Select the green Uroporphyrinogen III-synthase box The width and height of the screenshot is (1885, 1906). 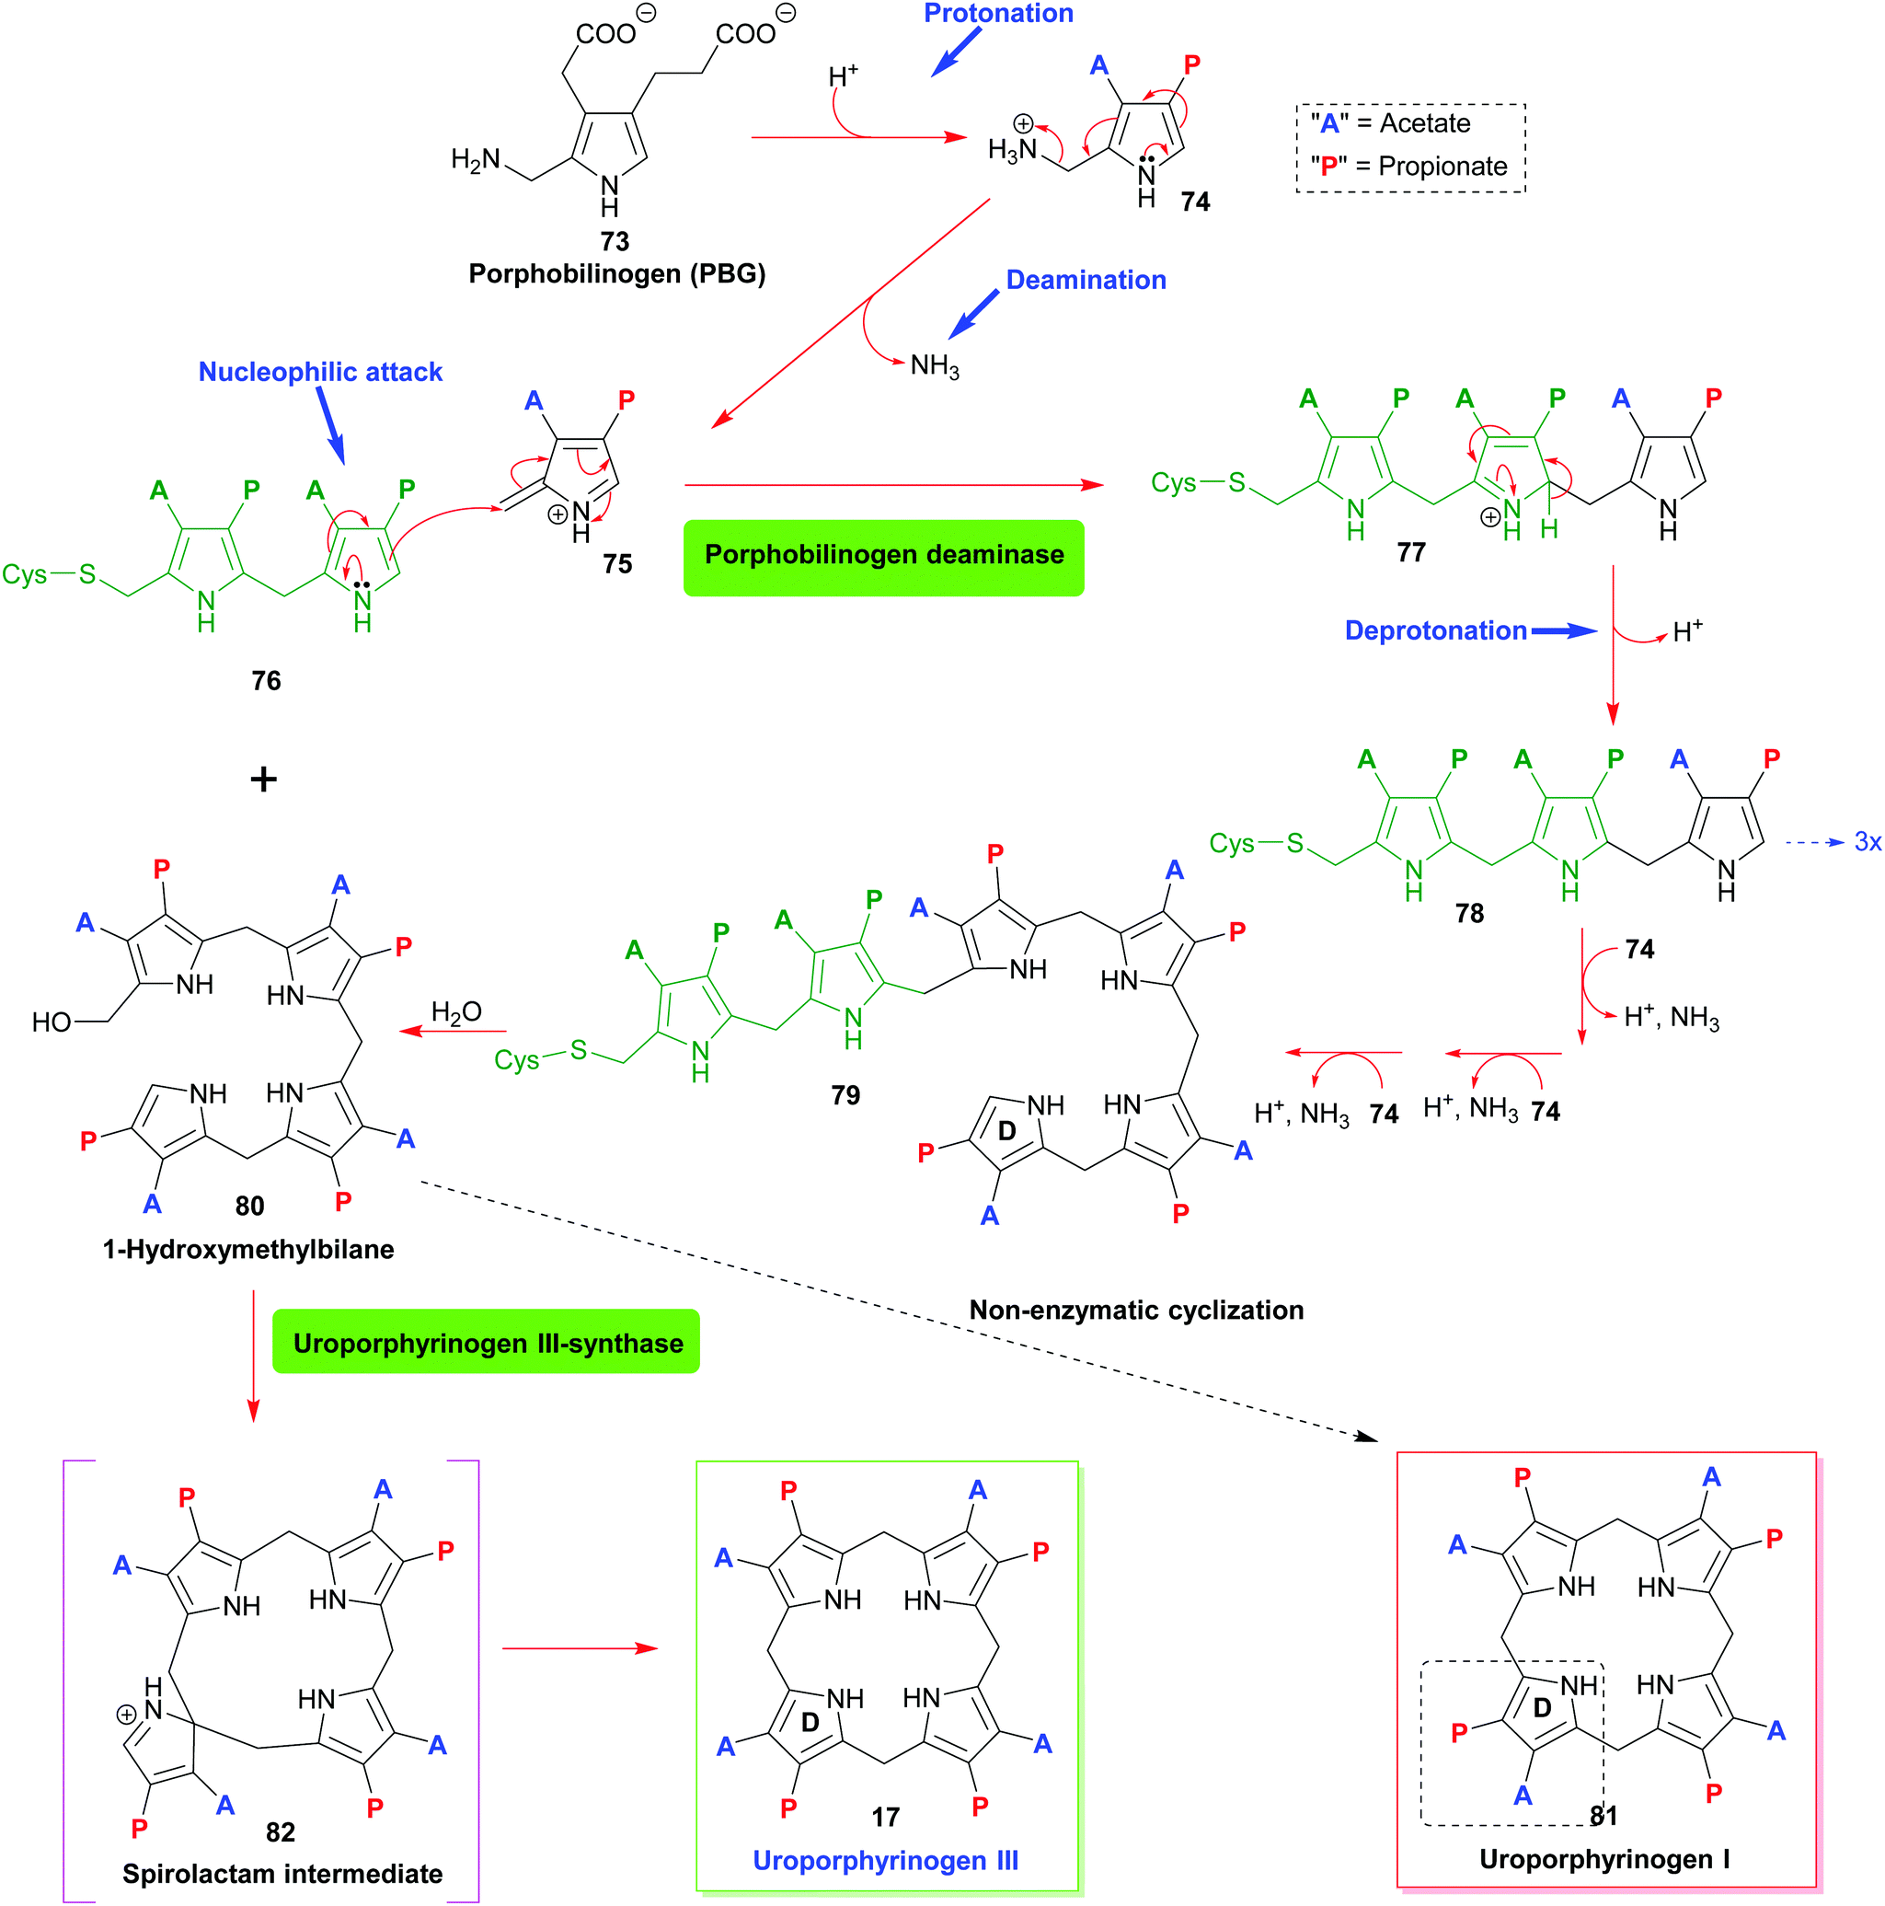click(486, 1343)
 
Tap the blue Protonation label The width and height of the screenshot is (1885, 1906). click(997, 14)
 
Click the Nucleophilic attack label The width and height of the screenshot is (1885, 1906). click(319, 372)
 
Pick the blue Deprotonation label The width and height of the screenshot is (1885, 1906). click(1435, 630)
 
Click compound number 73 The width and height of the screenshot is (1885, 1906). click(614, 241)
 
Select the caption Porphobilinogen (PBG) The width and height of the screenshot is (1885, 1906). click(616, 273)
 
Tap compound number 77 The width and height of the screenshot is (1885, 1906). click(1410, 552)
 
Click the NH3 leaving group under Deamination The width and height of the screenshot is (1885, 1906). click(933, 366)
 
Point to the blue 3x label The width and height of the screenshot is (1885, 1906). click(1868, 841)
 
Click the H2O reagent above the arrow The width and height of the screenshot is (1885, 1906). click(455, 1012)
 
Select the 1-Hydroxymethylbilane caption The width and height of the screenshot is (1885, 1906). click(247, 1249)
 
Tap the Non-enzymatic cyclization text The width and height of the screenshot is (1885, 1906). click(1135, 1311)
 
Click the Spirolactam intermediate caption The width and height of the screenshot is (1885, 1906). click(282, 1874)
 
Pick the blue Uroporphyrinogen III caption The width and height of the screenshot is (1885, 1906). click(885, 1861)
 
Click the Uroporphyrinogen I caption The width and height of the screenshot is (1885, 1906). click(1603, 1860)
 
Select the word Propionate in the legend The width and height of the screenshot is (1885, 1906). click(1442, 167)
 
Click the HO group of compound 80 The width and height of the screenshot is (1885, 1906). click(52, 1022)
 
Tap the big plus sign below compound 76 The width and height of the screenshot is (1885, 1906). click(263, 780)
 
